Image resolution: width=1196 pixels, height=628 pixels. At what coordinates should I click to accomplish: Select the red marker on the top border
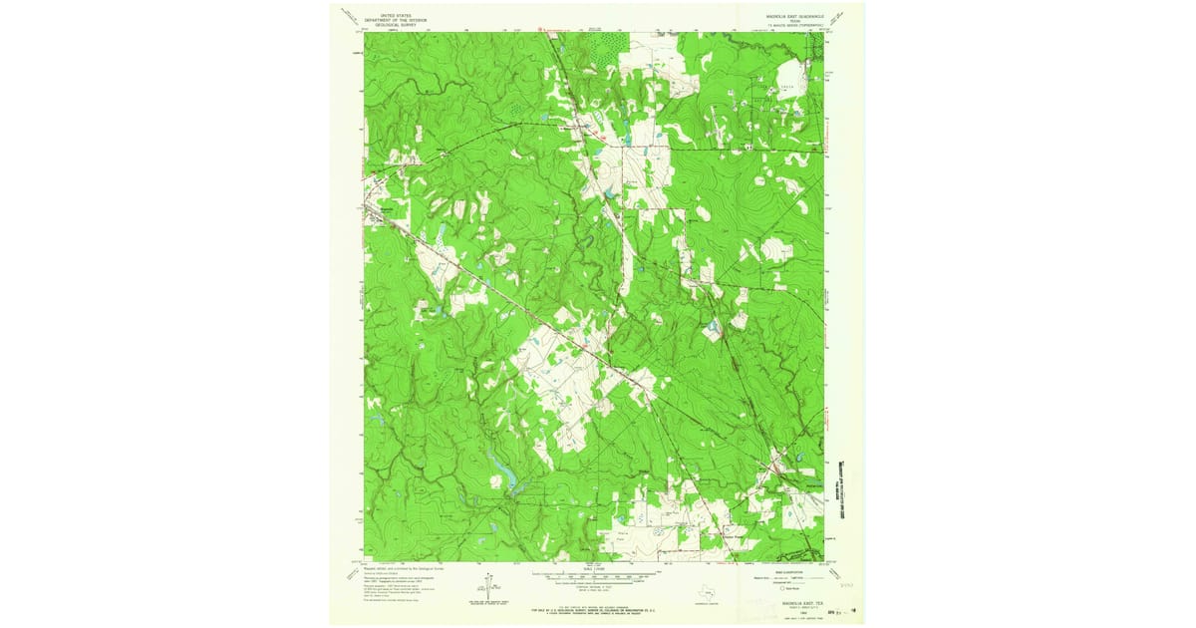click(x=541, y=29)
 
